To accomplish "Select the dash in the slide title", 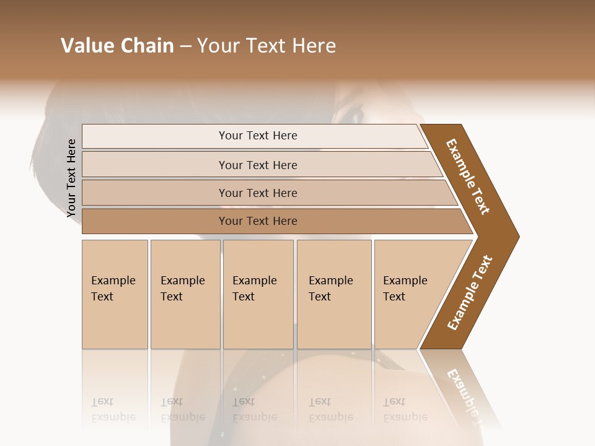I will pyautogui.click(x=185, y=46).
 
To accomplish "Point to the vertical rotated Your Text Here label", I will pyautogui.click(x=71, y=178).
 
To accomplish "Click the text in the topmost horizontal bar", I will pyautogui.click(x=258, y=136).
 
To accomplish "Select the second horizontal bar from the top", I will pyautogui.click(x=258, y=165).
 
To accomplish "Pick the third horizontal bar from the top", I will pyautogui.click(x=258, y=193).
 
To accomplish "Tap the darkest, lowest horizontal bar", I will pyautogui.click(x=258, y=221).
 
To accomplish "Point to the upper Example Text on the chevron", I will pyautogui.click(x=468, y=177).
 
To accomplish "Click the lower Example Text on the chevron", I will pyautogui.click(x=469, y=293).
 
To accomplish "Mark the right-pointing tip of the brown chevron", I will pyautogui.click(x=517, y=236).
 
